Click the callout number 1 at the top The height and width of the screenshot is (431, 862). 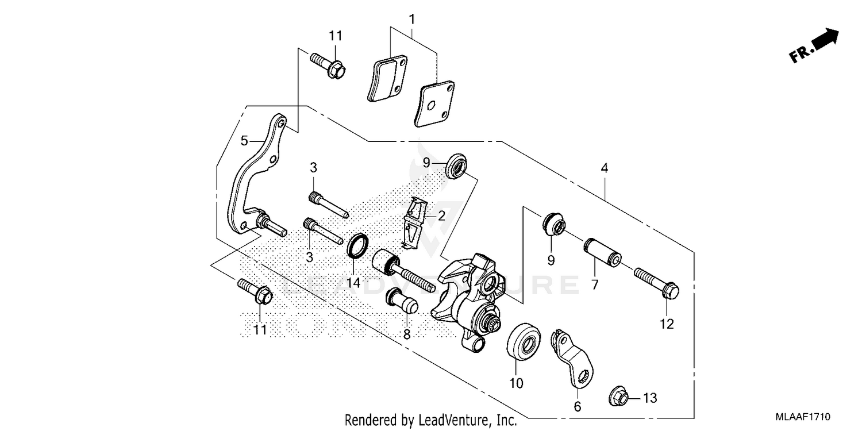pyautogui.click(x=411, y=19)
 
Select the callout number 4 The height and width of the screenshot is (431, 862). pyautogui.click(x=604, y=168)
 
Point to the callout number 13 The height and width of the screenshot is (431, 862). pyautogui.click(x=649, y=398)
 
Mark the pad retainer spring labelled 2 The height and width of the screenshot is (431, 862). pyautogui.click(x=415, y=222)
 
